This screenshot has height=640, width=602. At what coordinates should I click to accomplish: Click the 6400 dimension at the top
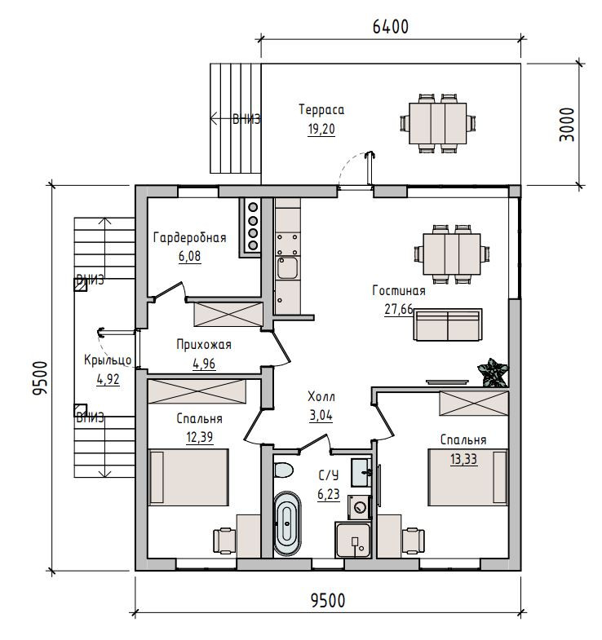391,27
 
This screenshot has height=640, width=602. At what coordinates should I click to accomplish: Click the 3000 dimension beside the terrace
566,125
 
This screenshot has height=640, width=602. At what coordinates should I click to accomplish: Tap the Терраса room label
321,110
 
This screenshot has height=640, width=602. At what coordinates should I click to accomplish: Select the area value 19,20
321,129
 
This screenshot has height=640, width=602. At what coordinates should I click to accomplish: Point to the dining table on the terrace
438,123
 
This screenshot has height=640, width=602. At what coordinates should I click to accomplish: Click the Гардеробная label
189,237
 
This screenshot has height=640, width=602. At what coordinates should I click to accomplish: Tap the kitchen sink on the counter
287,267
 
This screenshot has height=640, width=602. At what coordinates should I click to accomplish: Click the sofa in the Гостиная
448,324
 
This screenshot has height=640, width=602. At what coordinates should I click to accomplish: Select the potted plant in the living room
493,373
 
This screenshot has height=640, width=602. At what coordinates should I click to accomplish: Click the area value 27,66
399,309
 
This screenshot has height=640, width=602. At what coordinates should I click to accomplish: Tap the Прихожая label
204,345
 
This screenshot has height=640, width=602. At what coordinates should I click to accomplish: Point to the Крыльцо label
108,360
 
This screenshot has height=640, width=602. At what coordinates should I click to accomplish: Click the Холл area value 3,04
321,416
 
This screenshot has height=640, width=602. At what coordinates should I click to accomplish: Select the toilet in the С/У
283,470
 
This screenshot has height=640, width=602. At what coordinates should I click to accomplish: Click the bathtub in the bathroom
286,523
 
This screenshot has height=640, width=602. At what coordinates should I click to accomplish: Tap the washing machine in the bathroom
360,507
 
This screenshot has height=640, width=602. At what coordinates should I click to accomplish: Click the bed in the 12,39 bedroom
188,477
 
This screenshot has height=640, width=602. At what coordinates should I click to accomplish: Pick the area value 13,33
463,459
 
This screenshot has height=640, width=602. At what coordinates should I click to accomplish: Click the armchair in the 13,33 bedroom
413,541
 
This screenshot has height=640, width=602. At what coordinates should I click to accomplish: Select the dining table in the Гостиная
452,254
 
